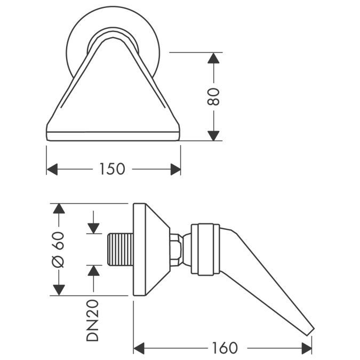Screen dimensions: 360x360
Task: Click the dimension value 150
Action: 112,169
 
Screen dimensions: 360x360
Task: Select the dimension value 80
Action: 214,97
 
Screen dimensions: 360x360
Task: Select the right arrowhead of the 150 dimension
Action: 175,169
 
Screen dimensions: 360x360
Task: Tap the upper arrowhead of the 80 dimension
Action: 214,58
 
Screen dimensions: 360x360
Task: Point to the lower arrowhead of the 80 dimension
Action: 214,135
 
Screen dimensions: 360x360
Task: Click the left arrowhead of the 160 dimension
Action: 139,348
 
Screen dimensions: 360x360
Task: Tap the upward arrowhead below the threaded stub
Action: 93,270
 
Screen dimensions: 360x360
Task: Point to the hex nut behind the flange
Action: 174,249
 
